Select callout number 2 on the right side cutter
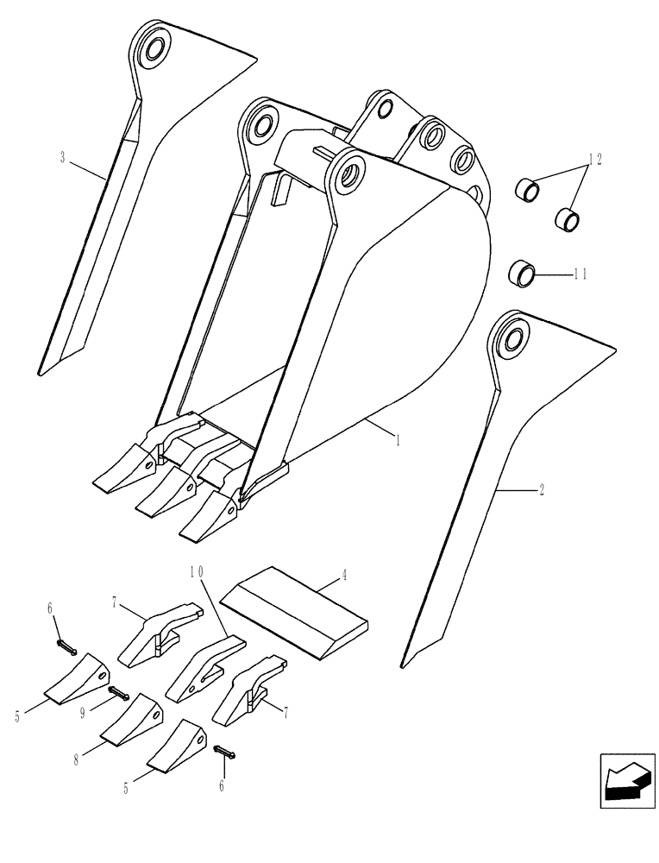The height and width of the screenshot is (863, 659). pos(541,490)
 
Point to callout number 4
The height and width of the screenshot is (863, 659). pos(344,574)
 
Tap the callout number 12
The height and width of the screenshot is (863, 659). pos(594,160)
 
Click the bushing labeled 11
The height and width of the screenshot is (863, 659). pos(523,274)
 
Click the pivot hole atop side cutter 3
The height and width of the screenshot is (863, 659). pos(154,49)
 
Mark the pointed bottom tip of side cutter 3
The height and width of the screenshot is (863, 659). pos(41,371)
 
